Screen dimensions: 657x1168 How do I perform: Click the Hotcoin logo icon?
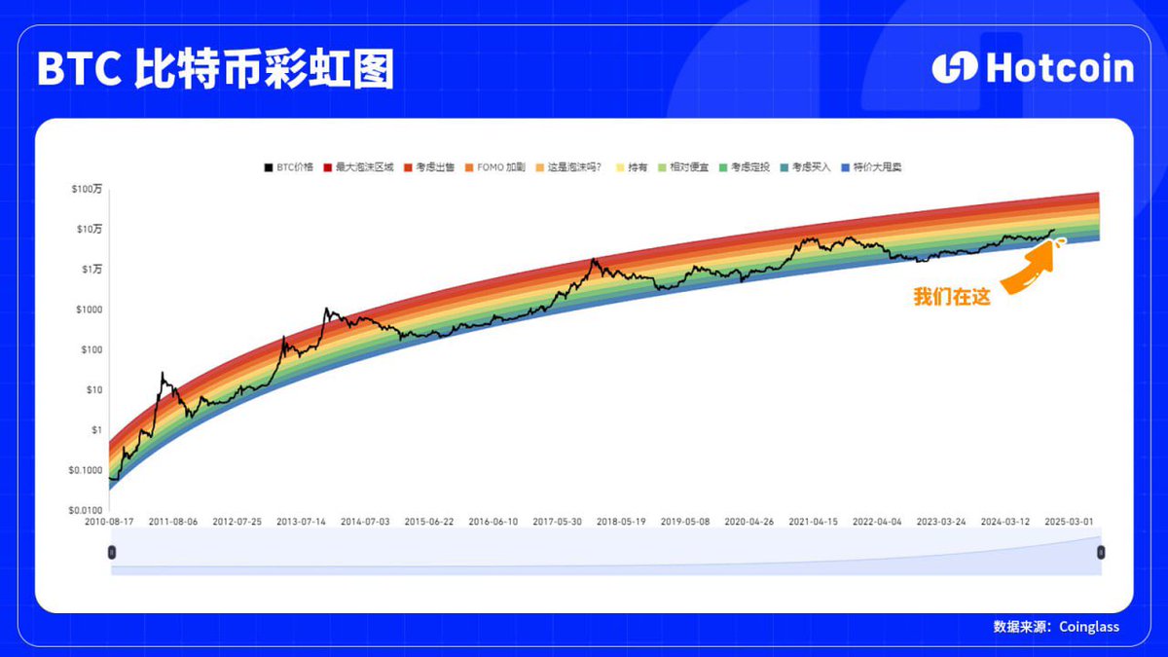pyautogui.click(x=954, y=67)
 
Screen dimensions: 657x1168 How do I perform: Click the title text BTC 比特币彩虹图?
pyautogui.click(x=215, y=69)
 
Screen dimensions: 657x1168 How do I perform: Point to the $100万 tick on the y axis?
pyautogui.click(x=89, y=189)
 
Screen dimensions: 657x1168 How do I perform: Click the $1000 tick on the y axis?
pyautogui.click(x=90, y=310)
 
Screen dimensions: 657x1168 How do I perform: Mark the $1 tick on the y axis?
pyautogui.click(x=95, y=429)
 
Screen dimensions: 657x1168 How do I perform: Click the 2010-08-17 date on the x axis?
pyautogui.click(x=109, y=522)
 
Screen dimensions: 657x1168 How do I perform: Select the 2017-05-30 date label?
pyautogui.click(x=557, y=522)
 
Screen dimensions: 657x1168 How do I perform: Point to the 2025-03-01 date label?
pyautogui.click(x=1069, y=522)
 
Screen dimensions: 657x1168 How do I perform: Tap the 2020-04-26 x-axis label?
pyautogui.click(x=748, y=522)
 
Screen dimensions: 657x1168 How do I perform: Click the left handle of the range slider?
pyautogui.click(x=111, y=552)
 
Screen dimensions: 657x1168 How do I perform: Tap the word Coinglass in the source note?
pyautogui.click(x=1089, y=627)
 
